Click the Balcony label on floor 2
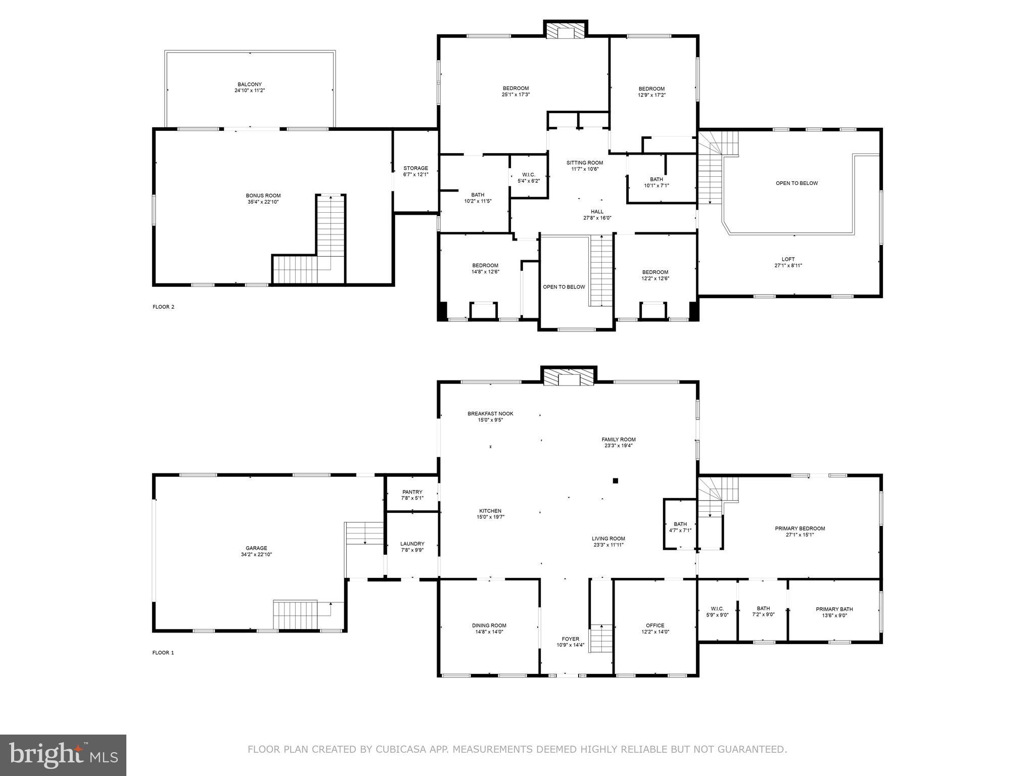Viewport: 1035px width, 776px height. (250, 84)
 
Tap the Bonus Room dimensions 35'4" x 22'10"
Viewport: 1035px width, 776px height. (263, 202)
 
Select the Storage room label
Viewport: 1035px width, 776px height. (415, 168)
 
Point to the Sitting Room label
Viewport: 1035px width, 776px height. (584, 163)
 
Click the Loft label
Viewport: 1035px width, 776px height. (788, 259)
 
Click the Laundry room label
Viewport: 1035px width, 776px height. (412, 544)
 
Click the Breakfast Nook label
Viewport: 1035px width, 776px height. (490, 414)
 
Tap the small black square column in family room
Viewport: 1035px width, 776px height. (615, 481)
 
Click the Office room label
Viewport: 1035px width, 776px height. (655, 625)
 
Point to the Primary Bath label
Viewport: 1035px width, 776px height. (834, 609)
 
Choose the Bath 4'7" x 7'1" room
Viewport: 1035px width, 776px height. (680, 527)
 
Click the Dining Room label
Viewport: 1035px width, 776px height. (489, 625)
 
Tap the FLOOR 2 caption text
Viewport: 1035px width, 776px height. (163, 307)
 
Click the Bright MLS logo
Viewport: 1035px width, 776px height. (63, 755)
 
